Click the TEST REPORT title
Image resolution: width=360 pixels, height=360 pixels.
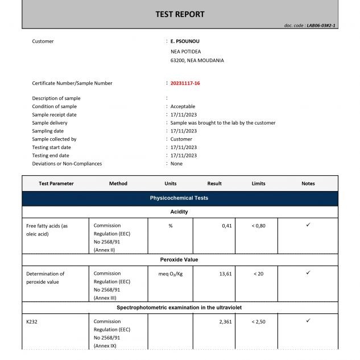(x=180, y=14)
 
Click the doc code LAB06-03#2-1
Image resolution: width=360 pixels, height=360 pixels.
(x=310, y=26)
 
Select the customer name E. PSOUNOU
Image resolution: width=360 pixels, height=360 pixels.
(x=185, y=41)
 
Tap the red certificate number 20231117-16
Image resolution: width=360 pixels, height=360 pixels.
(x=185, y=83)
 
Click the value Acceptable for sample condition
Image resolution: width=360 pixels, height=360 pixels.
(x=183, y=106)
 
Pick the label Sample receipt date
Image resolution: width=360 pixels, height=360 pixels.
(x=54, y=114)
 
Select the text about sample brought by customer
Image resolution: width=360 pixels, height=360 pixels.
(x=223, y=122)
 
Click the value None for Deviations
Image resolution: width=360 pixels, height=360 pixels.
(x=177, y=163)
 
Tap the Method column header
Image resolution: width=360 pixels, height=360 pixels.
(x=118, y=184)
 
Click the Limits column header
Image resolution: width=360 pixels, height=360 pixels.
(x=258, y=184)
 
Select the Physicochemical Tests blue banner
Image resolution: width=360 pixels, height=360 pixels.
(x=179, y=198)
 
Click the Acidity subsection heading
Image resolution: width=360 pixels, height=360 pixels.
(x=179, y=212)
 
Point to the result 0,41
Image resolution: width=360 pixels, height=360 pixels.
(x=227, y=226)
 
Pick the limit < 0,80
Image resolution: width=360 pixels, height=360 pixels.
(x=259, y=226)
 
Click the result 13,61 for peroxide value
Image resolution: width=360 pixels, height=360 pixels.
(x=225, y=274)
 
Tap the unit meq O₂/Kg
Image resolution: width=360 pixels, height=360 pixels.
(x=171, y=274)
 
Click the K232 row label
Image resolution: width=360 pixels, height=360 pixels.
(x=31, y=321)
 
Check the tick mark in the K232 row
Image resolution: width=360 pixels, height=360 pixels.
(x=308, y=321)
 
